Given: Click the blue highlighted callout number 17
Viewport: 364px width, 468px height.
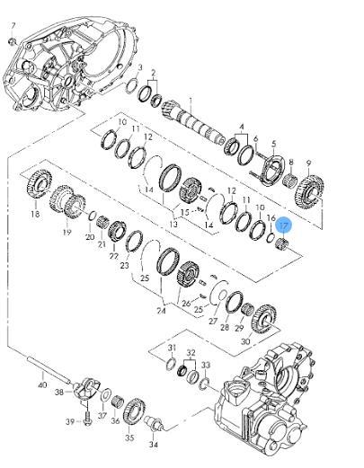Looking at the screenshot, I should pos(283,226).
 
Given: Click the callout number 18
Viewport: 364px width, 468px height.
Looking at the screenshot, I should pos(35,215).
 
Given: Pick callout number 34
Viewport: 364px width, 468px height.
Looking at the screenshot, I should pos(153,444).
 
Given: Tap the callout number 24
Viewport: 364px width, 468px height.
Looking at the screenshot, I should pos(161,312).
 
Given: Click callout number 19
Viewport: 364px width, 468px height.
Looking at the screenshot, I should pos(67,232).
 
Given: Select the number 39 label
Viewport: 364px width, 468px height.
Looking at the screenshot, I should pos(70,419).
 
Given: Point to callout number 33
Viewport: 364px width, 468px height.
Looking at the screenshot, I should pos(207,365).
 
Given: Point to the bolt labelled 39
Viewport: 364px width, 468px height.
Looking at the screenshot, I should pos(85,415).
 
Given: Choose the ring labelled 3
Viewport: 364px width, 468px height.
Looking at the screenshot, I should pos(132,86).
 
